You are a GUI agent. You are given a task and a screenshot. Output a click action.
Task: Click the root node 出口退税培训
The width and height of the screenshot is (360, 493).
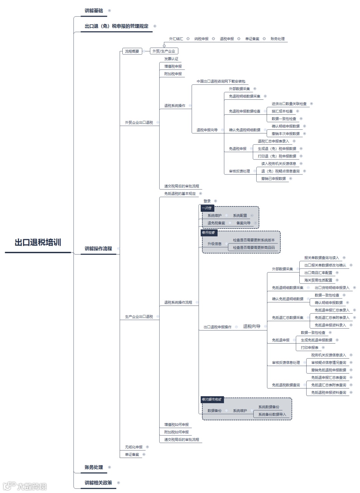pyautogui.click(x=38, y=242)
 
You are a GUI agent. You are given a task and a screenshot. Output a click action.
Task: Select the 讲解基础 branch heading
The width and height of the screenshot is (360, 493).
pyautogui.click(x=94, y=11)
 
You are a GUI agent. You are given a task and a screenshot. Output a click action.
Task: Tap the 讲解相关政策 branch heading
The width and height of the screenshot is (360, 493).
pyautogui.click(x=98, y=483)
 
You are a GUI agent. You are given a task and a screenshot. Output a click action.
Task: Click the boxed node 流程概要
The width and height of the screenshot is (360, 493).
pyautogui.click(x=132, y=51)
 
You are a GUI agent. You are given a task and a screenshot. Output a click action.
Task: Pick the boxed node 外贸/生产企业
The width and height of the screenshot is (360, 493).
pyautogui.click(x=164, y=51)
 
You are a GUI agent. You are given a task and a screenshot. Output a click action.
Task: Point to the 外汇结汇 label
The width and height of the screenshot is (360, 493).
pyautogui.click(x=176, y=39)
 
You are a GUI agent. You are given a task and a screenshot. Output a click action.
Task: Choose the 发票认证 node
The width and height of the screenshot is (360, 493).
pyautogui.click(x=171, y=59)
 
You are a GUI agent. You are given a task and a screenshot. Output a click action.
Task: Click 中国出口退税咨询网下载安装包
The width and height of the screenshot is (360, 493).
pyautogui.click(x=221, y=81)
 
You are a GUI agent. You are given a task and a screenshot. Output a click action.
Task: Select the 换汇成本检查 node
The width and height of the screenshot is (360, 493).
pyautogui.click(x=282, y=111)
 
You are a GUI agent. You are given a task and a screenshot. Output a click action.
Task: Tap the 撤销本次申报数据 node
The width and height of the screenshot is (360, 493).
pyautogui.click(x=285, y=134)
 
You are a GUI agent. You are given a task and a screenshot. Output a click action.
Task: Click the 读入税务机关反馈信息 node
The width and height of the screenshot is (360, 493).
pyautogui.click(x=279, y=164)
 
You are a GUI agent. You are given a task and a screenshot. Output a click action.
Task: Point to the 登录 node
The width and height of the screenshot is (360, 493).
pyautogui.click(x=207, y=201)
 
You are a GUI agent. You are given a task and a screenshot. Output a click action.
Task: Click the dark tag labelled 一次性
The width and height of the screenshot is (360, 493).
pyautogui.click(x=207, y=208)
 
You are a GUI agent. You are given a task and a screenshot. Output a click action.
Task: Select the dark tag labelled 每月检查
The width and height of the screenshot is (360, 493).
pyautogui.click(x=208, y=232)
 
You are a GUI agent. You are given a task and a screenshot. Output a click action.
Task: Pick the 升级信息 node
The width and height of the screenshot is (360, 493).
pyautogui.click(x=214, y=244)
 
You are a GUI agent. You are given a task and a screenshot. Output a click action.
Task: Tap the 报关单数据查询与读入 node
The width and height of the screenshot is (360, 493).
pyautogui.click(x=321, y=258)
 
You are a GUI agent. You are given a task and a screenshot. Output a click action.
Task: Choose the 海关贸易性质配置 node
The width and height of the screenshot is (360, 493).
pyautogui.click(x=318, y=280)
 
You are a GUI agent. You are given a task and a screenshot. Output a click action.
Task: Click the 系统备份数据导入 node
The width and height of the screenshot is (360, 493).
pyautogui.click(x=272, y=415)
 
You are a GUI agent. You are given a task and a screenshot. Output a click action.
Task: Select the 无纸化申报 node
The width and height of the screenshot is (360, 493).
pyautogui.click(x=134, y=447)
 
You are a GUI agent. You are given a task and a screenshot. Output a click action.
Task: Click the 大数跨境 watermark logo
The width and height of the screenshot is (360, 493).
pyautogui.click(x=25, y=486)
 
